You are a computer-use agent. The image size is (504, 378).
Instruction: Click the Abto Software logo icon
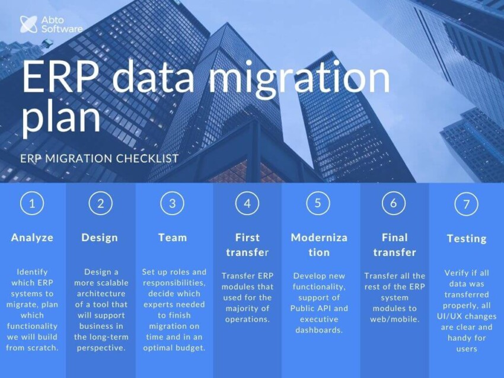tap(28, 24)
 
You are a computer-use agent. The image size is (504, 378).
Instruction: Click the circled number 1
tap(32, 203)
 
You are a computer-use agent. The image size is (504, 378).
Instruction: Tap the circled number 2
tap(100, 203)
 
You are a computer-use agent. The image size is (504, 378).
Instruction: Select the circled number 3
tap(173, 203)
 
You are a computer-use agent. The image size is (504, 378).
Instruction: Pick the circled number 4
tap(247, 203)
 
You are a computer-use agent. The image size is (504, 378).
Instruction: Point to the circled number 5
tap(318, 203)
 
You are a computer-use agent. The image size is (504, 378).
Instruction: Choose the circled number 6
tap(394, 203)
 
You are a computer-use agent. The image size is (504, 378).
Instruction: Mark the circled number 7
tap(467, 204)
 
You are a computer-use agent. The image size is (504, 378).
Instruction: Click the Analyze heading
tap(32, 238)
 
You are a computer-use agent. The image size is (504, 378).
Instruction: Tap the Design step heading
tap(100, 238)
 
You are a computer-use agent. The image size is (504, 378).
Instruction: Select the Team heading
tap(173, 238)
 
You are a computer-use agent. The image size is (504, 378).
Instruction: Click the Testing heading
tap(467, 238)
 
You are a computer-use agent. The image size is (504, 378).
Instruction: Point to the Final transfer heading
tap(394, 245)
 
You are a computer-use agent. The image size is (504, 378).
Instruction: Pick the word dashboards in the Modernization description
tap(319, 329)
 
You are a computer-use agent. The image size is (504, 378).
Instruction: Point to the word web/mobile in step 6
tap(394, 319)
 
